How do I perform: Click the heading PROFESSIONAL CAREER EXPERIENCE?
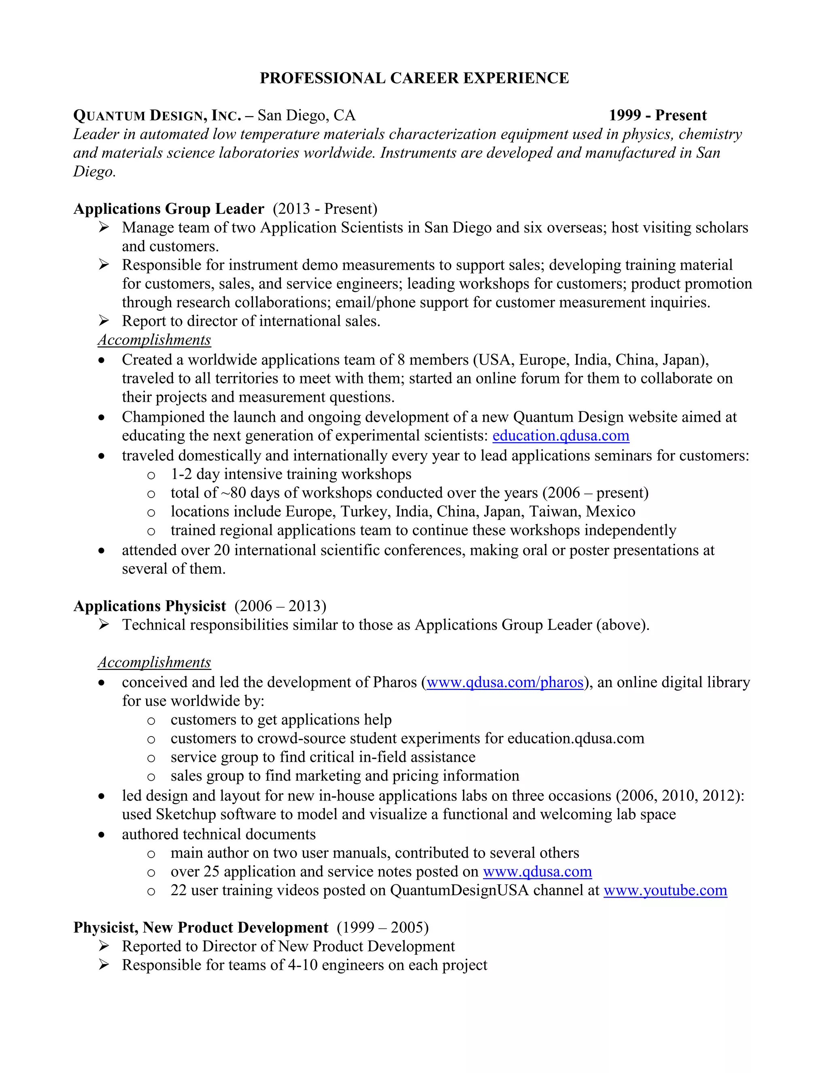click(x=414, y=78)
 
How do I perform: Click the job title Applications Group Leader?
click(x=168, y=209)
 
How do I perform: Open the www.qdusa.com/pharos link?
click(x=504, y=682)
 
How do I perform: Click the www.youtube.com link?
click(x=665, y=890)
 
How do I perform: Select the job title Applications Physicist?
click(x=150, y=606)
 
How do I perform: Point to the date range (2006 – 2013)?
click(x=280, y=606)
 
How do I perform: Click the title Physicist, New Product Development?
click(x=200, y=928)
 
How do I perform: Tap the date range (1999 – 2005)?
click(x=383, y=928)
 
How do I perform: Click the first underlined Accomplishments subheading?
click(x=154, y=340)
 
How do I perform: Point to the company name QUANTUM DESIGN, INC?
click(x=157, y=116)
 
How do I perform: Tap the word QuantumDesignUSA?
click(x=459, y=890)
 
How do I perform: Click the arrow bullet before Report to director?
click(x=103, y=321)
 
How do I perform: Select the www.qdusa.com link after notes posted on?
click(x=537, y=872)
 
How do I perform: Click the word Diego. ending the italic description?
click(x=94, y=171)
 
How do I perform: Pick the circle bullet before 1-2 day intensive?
click(x=151, y=475)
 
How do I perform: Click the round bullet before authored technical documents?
click(x=102, y=835)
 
